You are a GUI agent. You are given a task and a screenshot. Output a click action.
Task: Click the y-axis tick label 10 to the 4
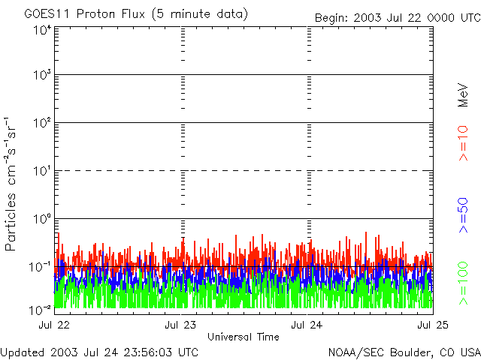click(x=42, y=30)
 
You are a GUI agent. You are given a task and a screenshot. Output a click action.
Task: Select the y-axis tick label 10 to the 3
click(x=42, y=75)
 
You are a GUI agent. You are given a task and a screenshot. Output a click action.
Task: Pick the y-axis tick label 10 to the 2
click(x=42, y=122)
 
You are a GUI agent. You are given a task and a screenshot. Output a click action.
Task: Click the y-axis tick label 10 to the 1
click(x=42, y=170)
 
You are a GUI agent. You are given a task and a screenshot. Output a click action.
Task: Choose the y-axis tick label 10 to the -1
click(x=41, y=265)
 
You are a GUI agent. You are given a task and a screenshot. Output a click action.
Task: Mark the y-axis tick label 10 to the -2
click(x=41, y=309)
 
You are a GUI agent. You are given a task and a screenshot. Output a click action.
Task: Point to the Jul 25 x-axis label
click(x=431, y=325)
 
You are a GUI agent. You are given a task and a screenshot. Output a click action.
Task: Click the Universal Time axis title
click(x=243, y=337)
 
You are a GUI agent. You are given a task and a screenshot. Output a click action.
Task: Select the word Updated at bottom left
click(x=22, y=352)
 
